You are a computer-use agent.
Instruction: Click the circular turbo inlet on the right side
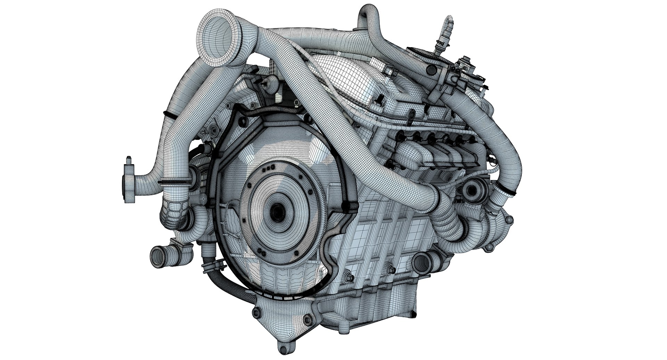(472, 190)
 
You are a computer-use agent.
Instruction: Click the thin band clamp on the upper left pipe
(167, 114)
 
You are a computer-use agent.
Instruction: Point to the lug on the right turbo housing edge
(509, 220)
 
